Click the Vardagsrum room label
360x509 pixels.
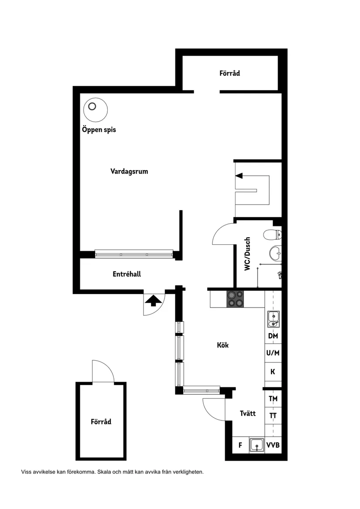click(129, 171)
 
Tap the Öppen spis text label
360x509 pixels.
click(99, 130)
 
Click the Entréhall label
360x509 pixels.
click(127, 274)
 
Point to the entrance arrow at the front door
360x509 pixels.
click(152, 301)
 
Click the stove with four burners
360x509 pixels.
click(236, 299)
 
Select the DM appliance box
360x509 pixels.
click(273, 336)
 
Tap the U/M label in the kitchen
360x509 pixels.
click(273, 353)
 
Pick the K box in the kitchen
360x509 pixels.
click(273, 372)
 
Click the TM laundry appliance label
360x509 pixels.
click(273, 399)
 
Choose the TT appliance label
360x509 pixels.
click(273, 416)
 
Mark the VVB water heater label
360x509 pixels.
click(273, 445)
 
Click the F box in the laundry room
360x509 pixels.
click(240, 445)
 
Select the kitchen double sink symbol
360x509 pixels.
click(273, 319)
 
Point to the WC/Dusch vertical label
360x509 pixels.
click(247, 254)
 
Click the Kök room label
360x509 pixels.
click(223, 345)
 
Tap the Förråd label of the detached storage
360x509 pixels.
click(101, 422)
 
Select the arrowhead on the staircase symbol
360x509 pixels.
click(238, 175)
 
